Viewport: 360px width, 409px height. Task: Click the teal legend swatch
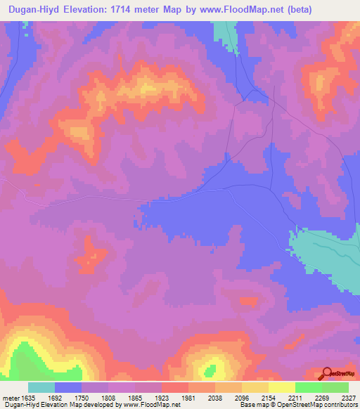point(41,387)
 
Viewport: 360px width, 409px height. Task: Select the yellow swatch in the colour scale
point(282,387)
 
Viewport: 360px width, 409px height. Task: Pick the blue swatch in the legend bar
point(68,387)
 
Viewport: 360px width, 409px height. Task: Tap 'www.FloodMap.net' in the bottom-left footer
point(150,405)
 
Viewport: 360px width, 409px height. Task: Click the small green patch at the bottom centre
point(209,370)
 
